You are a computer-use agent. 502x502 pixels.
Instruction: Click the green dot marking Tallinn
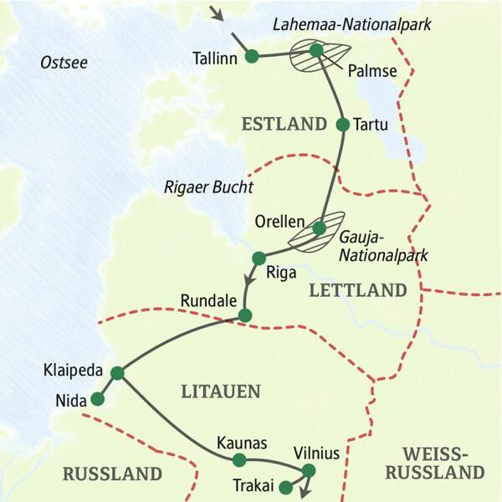point(250,57)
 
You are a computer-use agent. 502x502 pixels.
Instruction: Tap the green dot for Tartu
point(341,125)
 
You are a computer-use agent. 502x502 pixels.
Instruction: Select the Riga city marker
point(259,256)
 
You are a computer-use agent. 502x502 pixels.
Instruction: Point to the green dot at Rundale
point(244,315)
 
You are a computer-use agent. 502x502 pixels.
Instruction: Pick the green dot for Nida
point(98,400)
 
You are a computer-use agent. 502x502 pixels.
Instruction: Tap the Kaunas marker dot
point(239,459)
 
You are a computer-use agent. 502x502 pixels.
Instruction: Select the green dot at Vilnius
point(309,469)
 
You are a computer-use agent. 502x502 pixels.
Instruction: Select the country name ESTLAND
point(283,125)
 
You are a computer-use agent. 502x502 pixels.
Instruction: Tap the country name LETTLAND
point(357,290)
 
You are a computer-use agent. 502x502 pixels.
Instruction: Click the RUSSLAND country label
point(112,474)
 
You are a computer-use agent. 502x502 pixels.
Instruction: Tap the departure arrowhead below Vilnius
point(303,493)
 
